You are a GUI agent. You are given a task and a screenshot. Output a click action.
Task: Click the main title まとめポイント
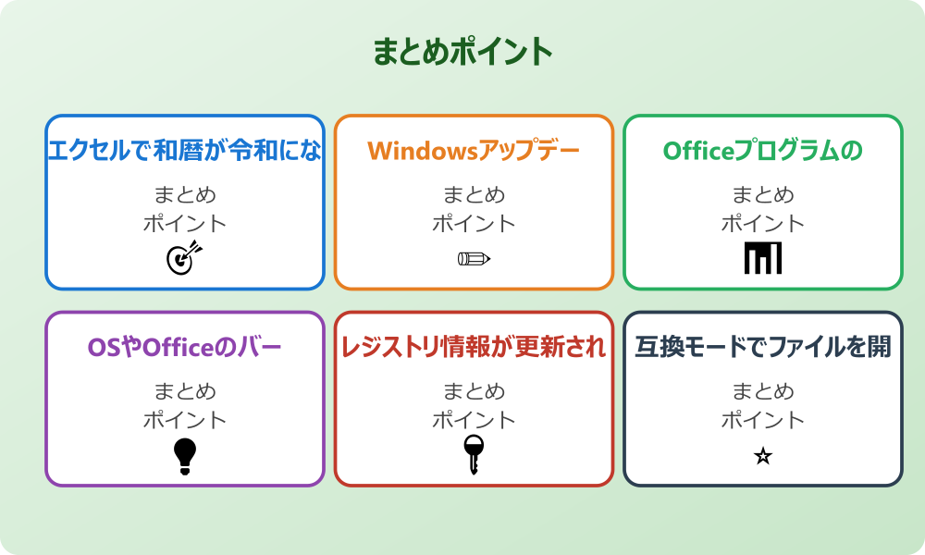tap(462, 52)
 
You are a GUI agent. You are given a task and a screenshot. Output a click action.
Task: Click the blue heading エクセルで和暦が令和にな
tap(185, 150)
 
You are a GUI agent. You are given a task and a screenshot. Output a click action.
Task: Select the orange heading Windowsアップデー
tap(474, 150)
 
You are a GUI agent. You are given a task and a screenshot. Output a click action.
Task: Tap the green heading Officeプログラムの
tap(763, 150)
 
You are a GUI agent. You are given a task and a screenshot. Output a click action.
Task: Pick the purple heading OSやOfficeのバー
tap(185, 347)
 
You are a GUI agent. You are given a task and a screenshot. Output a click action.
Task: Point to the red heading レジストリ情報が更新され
tap(474, 347)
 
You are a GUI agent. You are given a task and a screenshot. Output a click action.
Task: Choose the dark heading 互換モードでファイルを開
tap(763, 347)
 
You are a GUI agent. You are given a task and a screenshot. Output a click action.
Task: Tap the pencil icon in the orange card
tap(474, 258)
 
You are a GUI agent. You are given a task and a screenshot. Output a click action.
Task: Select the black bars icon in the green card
tap(763, 258)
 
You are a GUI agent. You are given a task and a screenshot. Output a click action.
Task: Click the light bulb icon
tap(185, 455)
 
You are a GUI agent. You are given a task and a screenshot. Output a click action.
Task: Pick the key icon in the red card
tap(474, 454)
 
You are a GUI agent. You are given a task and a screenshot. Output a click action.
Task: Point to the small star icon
tap(763, 456)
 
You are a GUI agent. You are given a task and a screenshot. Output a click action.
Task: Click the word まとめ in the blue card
tap(185, 195)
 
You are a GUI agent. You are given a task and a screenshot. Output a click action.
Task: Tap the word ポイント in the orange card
tap(474, 223)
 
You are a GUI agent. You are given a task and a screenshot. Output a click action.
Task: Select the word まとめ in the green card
tap(763, 195)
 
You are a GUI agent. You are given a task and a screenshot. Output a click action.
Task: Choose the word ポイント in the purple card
tap(185, 419)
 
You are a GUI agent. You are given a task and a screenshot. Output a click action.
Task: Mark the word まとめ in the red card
tap(474, 391)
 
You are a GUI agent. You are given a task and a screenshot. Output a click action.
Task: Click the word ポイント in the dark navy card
tap(763, 419)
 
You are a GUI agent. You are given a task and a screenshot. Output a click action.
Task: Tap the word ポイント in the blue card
tap(185, 223)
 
